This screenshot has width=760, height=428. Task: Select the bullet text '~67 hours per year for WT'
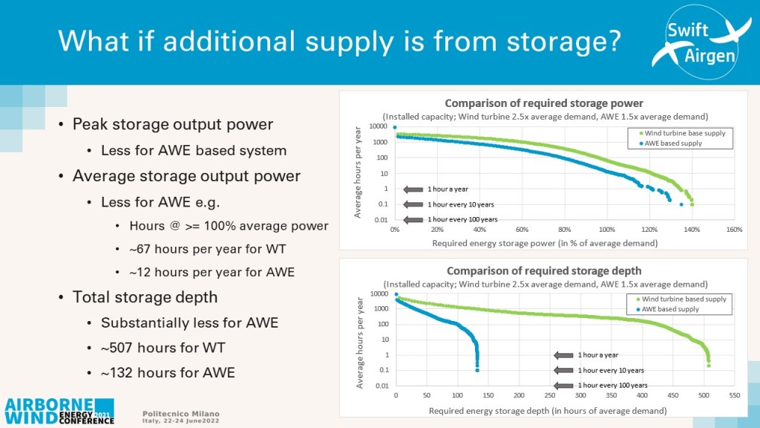(208, 249)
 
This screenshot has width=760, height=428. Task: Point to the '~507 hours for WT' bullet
(163, 348)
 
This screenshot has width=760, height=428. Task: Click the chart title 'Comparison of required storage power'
(544, 103)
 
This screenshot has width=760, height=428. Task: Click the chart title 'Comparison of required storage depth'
(544, 270)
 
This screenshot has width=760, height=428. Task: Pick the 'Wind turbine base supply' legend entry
(682, 133)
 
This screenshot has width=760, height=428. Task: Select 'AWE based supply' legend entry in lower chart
(667, 309)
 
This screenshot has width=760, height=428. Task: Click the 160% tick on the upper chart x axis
(734, 230)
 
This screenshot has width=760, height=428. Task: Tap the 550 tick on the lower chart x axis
(734, 395)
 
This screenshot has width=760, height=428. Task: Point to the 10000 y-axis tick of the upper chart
(378, 126)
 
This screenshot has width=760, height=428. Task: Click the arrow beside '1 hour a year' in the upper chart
(413, 189)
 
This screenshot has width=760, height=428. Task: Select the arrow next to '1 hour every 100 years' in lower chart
(563, 386)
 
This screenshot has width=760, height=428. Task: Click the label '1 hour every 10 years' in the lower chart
(611, 370)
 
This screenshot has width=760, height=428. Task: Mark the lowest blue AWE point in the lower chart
(477, 370)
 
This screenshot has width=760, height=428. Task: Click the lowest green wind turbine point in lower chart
(709, 366)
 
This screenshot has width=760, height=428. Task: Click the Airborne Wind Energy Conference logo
(59, 412)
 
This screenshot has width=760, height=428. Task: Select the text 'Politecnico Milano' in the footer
(181, 414)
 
